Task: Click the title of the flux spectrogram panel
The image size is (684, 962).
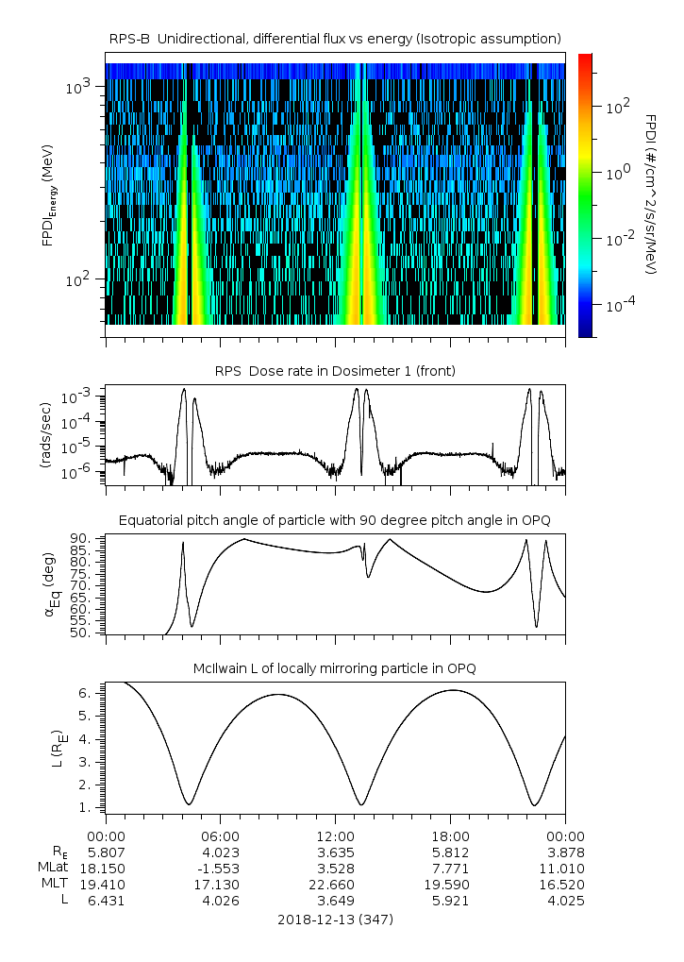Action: pos(335,38)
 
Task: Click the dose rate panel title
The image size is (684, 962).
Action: pos(335,371)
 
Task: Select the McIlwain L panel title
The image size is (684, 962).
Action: pos(335,668)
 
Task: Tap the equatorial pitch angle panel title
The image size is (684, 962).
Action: pos(335,520)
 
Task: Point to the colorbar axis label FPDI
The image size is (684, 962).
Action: pos(651,194)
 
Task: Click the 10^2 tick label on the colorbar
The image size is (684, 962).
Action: pos(616,107)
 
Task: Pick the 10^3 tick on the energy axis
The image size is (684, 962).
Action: pos(76,87)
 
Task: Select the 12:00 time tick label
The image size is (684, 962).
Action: pos(335,835)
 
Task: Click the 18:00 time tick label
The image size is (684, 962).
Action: pos(450,835)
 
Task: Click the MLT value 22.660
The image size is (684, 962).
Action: pos(335,884)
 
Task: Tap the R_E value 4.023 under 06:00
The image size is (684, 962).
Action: pos(220,852)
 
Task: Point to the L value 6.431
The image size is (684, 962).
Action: pos(106,901)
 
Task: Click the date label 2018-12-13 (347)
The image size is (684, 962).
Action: pos(335,919)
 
